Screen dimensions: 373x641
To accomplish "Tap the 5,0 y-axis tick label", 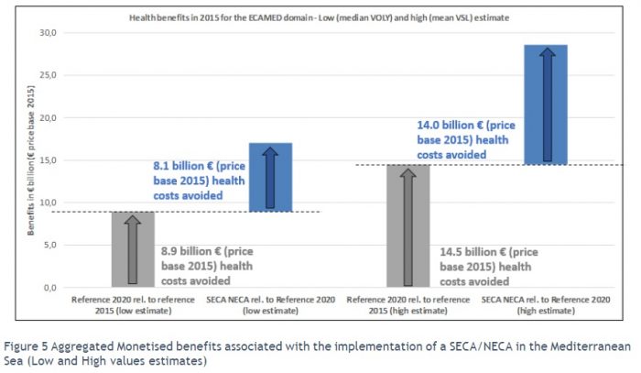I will point(48,245).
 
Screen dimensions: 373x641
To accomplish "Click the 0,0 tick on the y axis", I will point(48,288).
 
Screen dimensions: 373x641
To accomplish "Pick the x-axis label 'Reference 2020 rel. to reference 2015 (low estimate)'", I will point(134,305).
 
